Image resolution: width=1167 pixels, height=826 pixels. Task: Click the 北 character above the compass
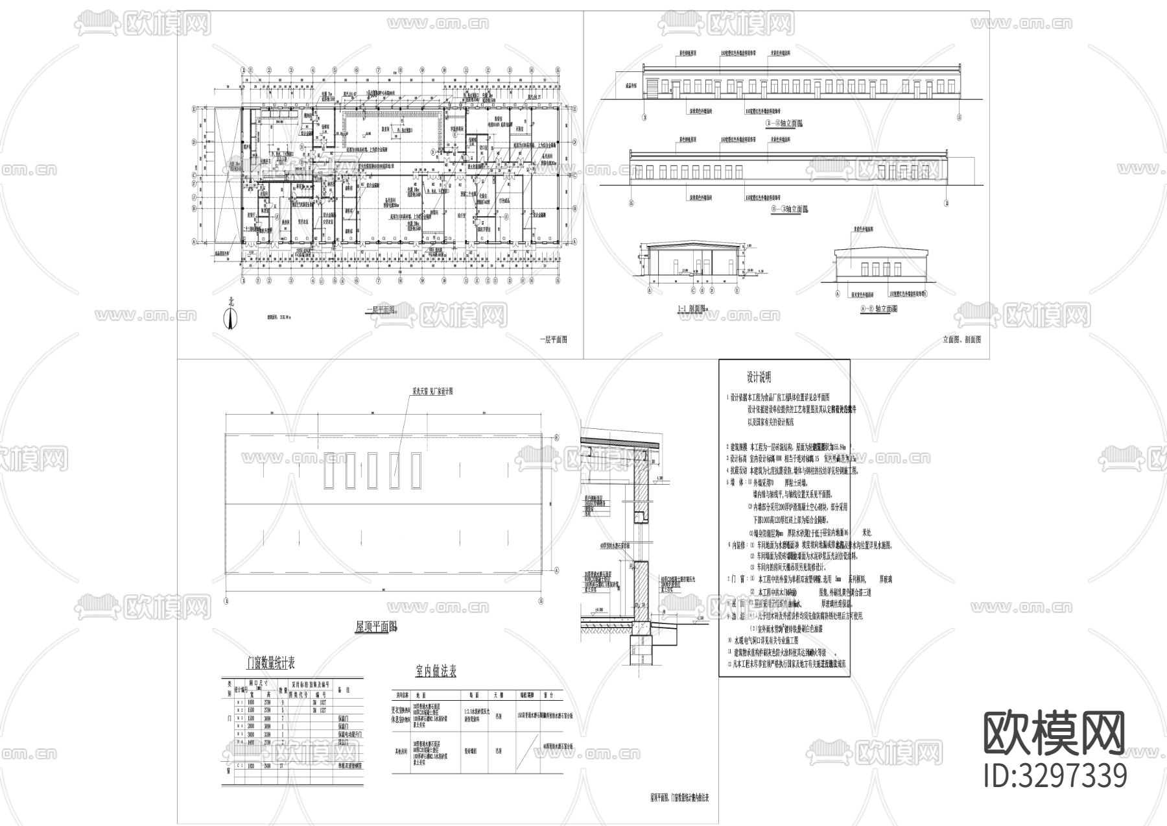tap(230, 302)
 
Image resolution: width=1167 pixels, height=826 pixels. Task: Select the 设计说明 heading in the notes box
tap(759, 377)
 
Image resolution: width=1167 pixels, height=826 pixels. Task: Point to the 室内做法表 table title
tap(436, 671)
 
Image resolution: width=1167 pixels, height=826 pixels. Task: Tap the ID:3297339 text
tap(1055, 776)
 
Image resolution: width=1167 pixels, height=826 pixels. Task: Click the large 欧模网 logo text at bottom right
tap(1054, 734)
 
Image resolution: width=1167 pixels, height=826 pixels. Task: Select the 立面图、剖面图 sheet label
tap(961, 339)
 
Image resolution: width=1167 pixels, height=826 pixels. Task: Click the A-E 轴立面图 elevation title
tap(878, 310)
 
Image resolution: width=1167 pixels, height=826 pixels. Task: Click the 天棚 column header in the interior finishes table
tap(499, 694)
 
